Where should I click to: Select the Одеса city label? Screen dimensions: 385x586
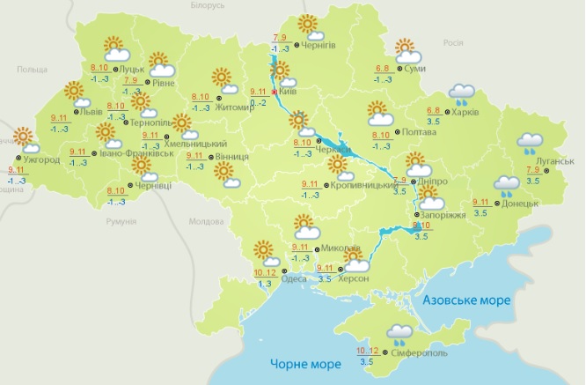point(294,279)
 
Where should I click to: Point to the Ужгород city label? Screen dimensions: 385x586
point(40,159)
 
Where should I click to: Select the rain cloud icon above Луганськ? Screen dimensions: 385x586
point(530,143)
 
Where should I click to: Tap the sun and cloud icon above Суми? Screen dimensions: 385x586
point(407,51)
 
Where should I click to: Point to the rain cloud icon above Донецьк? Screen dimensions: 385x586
point(506,184)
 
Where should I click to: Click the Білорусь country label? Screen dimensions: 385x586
point(208,5)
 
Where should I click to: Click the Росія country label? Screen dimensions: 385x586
point(452,42)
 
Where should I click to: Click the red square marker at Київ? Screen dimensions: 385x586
point(275,92)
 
